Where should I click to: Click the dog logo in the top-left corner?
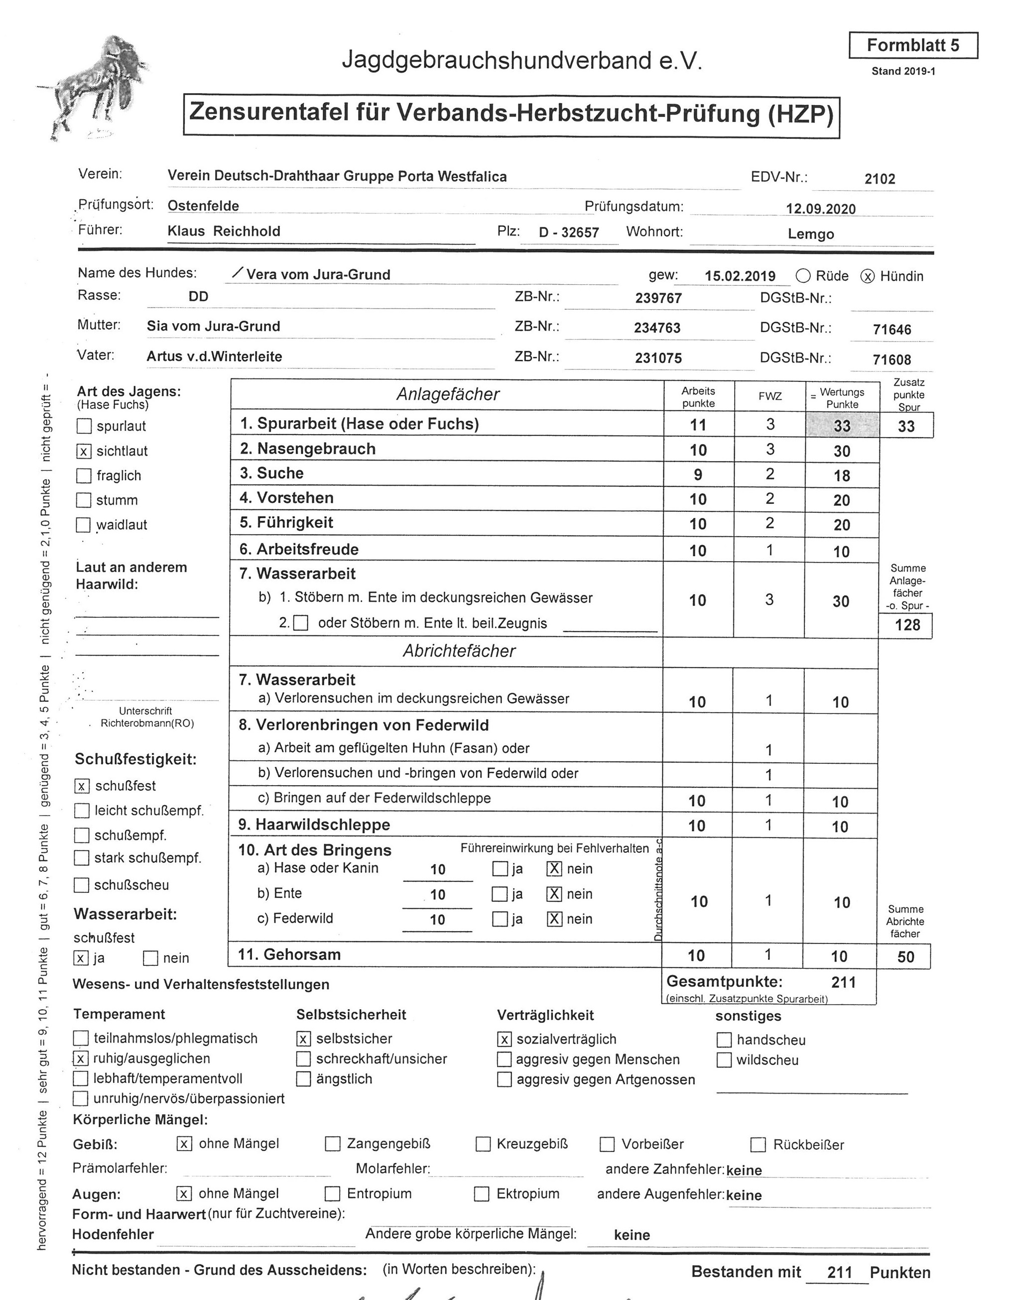point(96,87)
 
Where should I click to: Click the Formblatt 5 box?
point(912,45)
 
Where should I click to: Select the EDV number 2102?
point(880,178)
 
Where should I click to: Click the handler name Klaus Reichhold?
point(224,232)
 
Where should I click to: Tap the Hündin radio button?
point(867,276)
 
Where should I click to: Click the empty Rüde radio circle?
point(803,276)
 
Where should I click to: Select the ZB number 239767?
point(658,298)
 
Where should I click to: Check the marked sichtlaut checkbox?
point(84,451)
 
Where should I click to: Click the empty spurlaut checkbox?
point(84,426)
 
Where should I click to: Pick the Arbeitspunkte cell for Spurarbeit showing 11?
point(698,425)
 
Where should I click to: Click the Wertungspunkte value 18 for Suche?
point(841,475)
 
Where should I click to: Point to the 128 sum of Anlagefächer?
point(907,625)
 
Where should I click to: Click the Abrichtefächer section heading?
point(459,651)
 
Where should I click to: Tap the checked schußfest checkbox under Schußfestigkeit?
point(82,786)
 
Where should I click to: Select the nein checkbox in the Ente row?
point(554,894)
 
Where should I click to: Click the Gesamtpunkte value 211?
point(843,982)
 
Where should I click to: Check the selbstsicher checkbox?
point(303,1039)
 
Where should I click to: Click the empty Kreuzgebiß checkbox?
point(483,1144)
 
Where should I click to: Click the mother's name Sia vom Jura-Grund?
point(213,327)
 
